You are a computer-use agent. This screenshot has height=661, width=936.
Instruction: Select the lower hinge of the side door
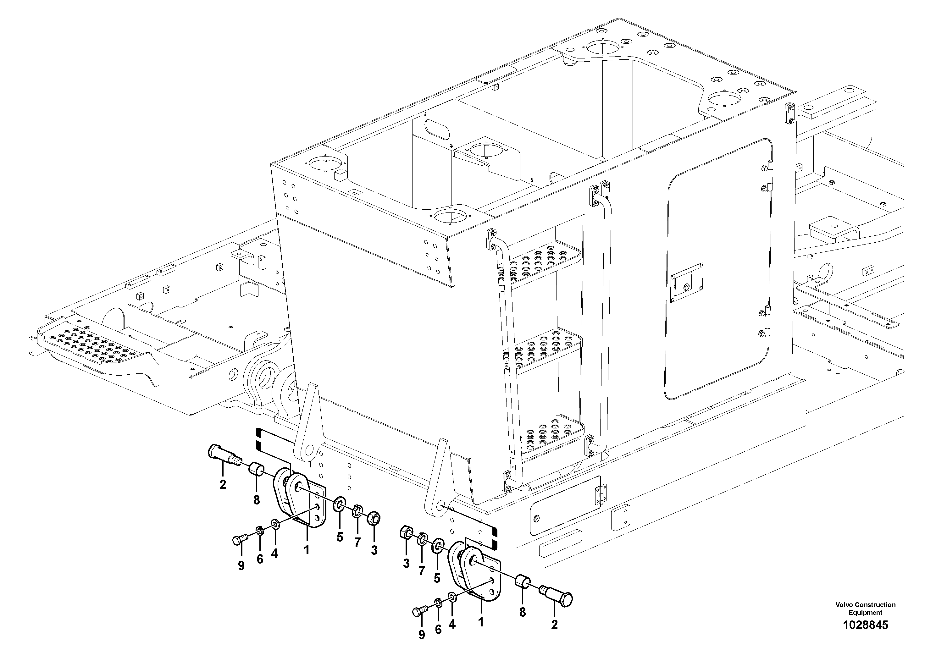click(x=768, y=321)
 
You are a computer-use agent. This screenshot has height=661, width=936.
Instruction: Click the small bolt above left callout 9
click(x=238, y=540)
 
